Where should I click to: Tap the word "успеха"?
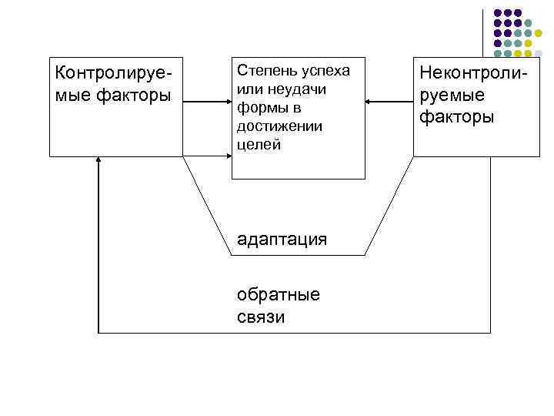click(x=324, y=71)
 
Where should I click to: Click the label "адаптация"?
click(x=282, y=239)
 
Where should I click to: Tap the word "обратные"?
click(x=279, y=295)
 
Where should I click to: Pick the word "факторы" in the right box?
click(x=458, y=117)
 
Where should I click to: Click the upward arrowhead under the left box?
click(x=99, y=161)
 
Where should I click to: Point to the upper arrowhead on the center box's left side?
click(x=228, y=102)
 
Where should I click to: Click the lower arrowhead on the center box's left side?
click(x=228, y=156)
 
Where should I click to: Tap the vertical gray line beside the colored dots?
click(x=483, y=35)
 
